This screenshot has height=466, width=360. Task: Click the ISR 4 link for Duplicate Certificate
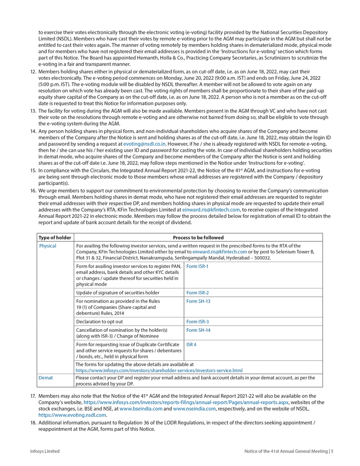tap(192, 344)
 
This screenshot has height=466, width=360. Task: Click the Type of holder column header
tap(55, 237)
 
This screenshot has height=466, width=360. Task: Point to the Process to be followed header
tap(198, 237)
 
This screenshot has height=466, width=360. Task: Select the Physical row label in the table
tap(48, 246)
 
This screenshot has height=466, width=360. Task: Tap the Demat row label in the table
tap(46, 378)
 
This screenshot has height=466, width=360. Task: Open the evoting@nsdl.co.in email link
tap(144, 143)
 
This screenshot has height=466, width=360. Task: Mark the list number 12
tap(33, 72)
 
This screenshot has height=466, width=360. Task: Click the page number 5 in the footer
tap(331, 451)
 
